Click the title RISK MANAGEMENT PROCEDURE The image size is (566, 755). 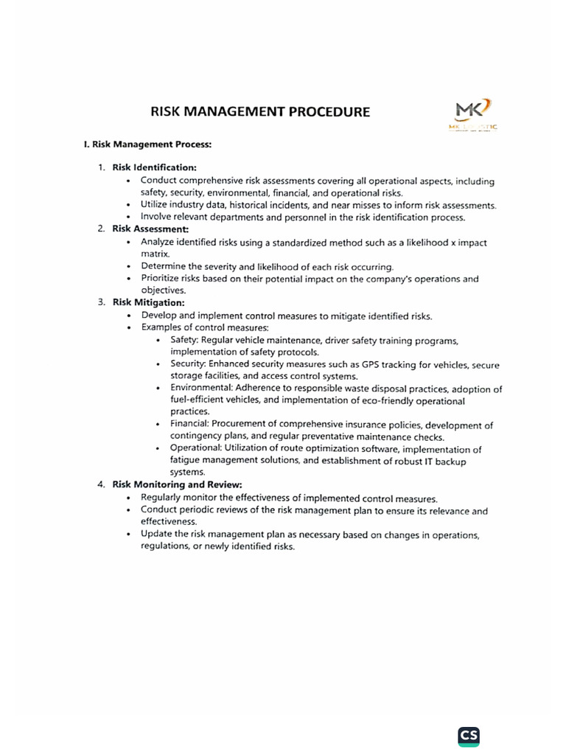click(260, 112)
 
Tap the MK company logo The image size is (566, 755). click(472, 115)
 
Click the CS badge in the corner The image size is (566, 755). click(468, 735)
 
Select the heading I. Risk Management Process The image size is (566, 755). click(147, 145)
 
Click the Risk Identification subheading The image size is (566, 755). click(154, 167)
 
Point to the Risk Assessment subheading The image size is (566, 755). click(150, 229)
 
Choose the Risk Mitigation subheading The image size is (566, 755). click(148, 302)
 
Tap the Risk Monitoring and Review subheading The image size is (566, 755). click(177, 484)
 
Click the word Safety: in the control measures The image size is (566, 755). click(184, 340)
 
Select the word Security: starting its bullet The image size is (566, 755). click(189, 364)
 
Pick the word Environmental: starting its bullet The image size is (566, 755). click(200, 389)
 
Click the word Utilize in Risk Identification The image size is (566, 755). click(156, 205)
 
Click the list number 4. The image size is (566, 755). click(100, 484)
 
